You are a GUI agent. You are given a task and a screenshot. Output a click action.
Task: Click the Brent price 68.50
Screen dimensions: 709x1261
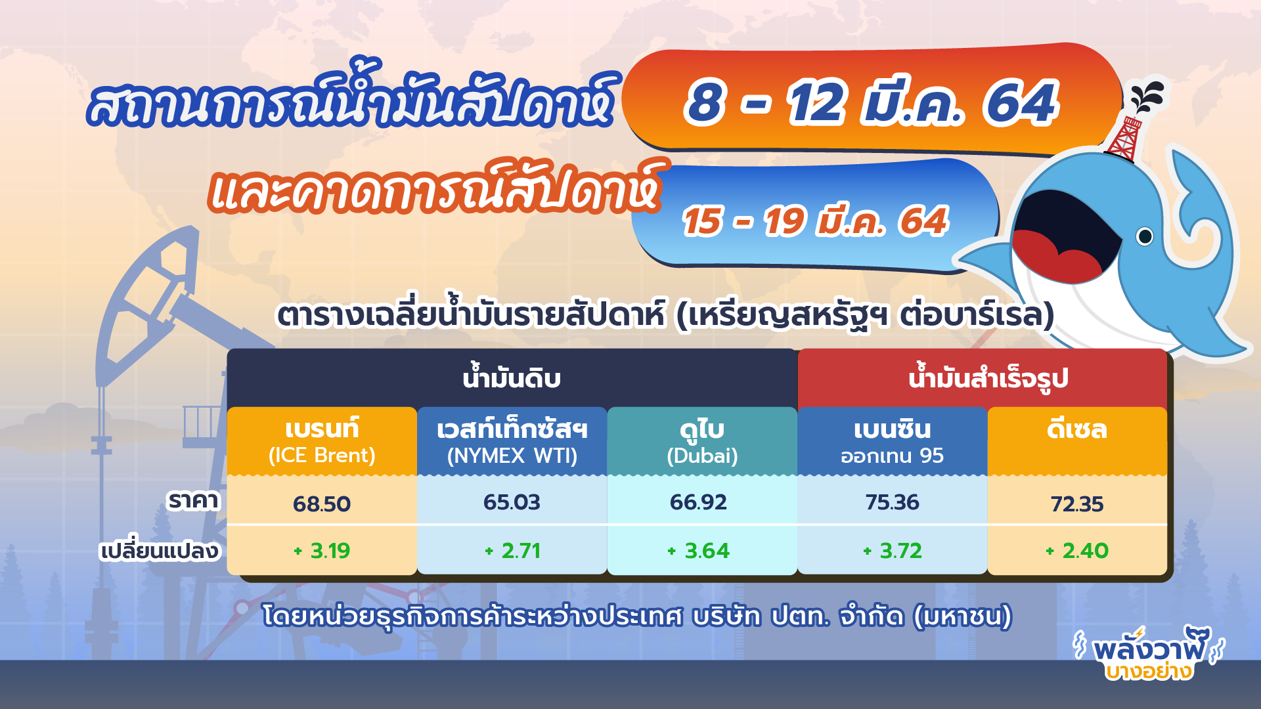click(322, 504)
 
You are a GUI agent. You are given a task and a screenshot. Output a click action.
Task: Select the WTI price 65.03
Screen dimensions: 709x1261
click(512, 502)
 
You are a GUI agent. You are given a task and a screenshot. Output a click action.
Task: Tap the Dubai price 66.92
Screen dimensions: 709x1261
click(698, 502)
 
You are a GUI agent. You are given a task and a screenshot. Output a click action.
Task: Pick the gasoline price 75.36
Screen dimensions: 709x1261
click(892, 502)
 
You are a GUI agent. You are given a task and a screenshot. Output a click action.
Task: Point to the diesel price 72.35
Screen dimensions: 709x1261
click(1077, 504)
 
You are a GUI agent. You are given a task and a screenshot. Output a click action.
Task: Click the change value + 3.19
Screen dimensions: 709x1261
click(322, 551)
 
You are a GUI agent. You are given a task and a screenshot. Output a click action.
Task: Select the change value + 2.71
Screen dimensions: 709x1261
click(512, 551)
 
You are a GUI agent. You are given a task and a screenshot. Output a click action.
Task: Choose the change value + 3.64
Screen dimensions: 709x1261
click(698, 551)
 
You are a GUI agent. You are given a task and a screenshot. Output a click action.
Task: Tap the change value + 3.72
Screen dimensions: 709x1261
click(892, 551)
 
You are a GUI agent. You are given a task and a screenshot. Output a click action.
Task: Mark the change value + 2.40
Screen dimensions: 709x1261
click(1077, 551)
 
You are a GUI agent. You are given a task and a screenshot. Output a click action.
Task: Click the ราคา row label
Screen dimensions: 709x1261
click(192, 501)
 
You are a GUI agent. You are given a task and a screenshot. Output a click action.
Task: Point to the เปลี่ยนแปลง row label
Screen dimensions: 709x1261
click(159, 551)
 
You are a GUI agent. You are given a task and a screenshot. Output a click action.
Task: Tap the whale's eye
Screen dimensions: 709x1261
click(1144, 236)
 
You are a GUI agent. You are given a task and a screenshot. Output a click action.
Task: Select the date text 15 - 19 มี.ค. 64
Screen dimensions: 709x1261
click(814, 221)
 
